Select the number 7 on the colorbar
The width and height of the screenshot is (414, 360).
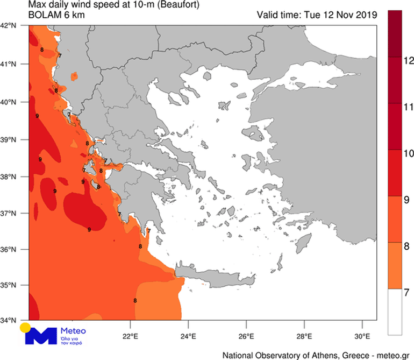tap(407, 293)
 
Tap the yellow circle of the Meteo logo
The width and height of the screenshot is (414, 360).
tap(25, 328)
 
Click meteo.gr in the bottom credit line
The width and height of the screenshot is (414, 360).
tap(390, 355)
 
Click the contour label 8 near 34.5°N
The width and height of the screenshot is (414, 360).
tap(135, 301)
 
